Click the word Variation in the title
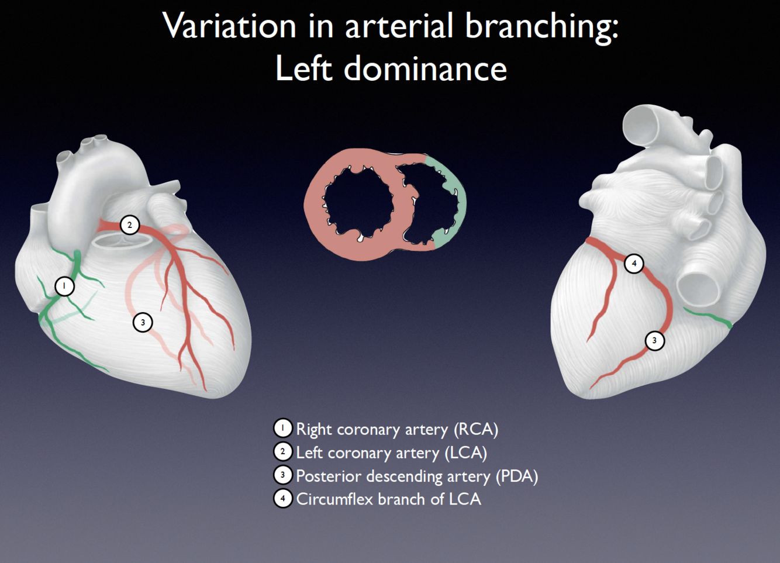click(x=230, y=26)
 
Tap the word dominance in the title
click(x=425, y=69)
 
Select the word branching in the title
click(x=540, y=26)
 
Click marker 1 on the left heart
click(x=64, y=286)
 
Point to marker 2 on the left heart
click(x=130, y=225)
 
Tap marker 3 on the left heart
click(x=143, y=322)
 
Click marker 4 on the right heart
click(x=634, y=264)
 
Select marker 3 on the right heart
click(x=654, y=341)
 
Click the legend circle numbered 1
click(x=283, y=429)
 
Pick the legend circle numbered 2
click(x=283, y=452)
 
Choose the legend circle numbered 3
click(x=283, y=475)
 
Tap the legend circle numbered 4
click(x=283, y=499)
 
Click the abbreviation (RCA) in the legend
click(x=476, y=430)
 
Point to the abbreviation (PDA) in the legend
click(x=516, y=476)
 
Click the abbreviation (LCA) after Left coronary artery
click(x=465, y=453)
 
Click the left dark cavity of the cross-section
click(x=358, y=202)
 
